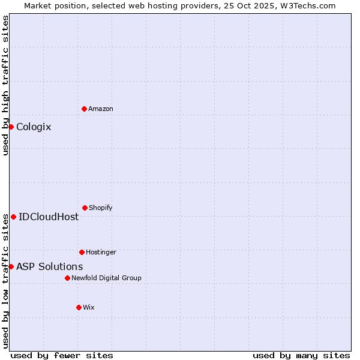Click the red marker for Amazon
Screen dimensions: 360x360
pyautogui.click(x=84, y=109)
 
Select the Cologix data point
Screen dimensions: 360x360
pyautogui.click(x=11, y=127)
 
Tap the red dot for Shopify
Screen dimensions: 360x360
pyautogui.click(x=85, y=208)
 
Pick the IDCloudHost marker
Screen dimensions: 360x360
pyautogui.click(x=13, y=217)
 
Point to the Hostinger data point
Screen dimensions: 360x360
pyautogui.click(x=82, y=252)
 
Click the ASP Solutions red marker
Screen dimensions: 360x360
pyautogui.click(x=11, y=266)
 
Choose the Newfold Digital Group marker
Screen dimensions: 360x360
pyautogui.click(x=67, y=278)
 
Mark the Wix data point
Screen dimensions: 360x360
pyautogui.click(x=79, y=307)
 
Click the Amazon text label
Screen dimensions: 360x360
pyautogui.click(x=101, y=109)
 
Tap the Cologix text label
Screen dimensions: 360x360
pyautogui.click(x=34, y=127)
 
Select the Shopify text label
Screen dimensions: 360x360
pyautogui.click(x=101, y=208)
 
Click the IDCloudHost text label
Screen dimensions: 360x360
pyautogui.click(x=49, y=217)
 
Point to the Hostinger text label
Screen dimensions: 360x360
pyautogui.click(x=101, y=252)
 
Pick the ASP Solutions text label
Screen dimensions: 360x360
pyautogui.click(x=49, y=266)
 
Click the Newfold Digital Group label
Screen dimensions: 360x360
pyautogui.click(x=106, y=278)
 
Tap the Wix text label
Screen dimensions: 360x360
pyautogui.click(x=89, y=307)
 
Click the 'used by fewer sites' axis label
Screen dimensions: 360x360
pyautogui.click(x=62, y=355)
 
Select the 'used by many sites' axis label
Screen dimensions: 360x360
pyautogui.click(x=301, y=355)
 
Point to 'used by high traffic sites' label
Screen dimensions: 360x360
pyautogui.click(x=5, y=85)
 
